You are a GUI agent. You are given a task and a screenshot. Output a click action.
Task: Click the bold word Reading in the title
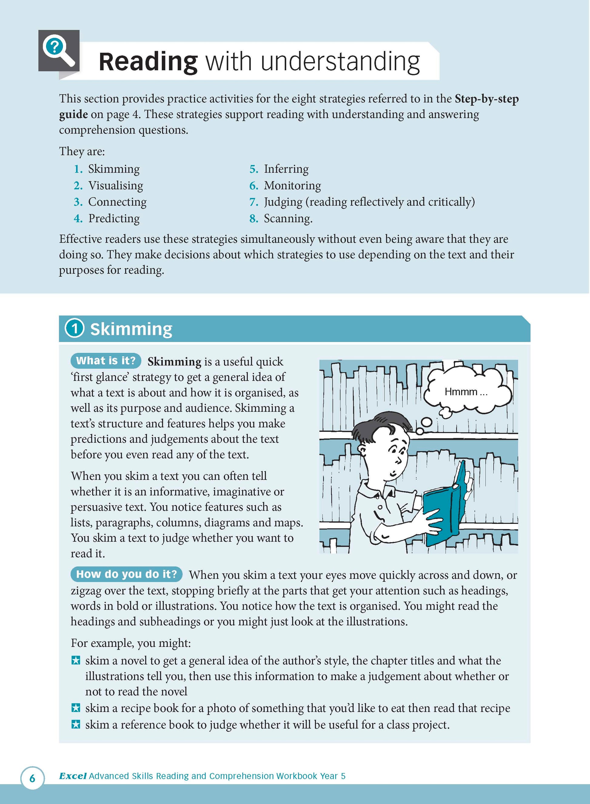click(148, 61)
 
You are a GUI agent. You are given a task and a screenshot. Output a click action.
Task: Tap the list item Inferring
click(286, 169)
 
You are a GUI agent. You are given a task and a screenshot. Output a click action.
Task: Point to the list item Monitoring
click(292, 186)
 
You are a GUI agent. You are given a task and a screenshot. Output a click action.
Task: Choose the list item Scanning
click(288, 218)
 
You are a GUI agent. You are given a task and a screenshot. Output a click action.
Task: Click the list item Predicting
click(114, 218)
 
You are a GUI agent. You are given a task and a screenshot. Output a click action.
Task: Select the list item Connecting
click(117, 202)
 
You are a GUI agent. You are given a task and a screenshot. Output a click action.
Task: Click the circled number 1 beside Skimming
click(74, 328)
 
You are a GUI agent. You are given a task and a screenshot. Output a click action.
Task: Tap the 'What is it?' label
click(106, 361)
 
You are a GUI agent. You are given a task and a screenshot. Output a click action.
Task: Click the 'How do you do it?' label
click(126, 574)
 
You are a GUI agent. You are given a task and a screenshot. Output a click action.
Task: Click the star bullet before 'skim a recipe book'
click(76, 708)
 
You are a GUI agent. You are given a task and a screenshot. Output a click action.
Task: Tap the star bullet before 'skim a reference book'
click(76, 724)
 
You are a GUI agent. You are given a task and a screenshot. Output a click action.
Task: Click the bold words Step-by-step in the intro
click(486, 99)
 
